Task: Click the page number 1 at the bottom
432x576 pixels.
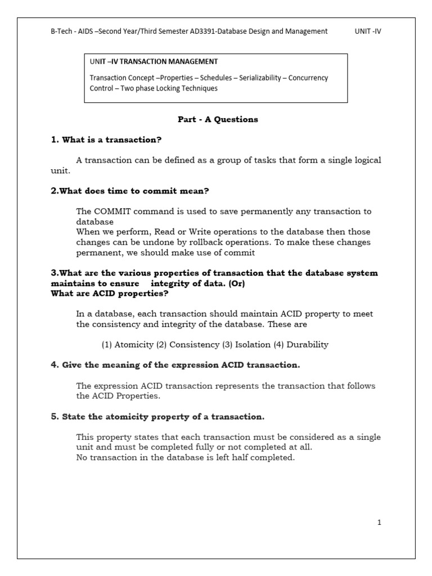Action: click(379, 523)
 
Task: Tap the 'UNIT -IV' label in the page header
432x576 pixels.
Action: click(368, 31)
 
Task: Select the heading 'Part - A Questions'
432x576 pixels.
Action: click(217, 119)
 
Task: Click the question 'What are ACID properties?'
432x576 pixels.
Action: click(109, 293)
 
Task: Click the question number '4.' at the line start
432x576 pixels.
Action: click(55, 365)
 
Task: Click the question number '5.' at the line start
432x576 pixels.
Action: click(55, 417)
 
